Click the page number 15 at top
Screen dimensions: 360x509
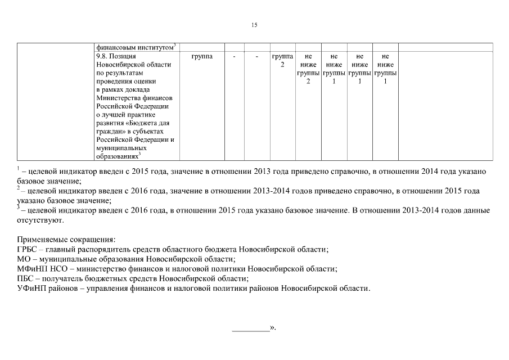pyautogui.click(x=254, y=25)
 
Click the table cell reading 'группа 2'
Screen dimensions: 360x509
pyautogui.click(x=282, y=61)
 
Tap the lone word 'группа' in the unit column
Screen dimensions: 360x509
pyautogui.click(x=202, y=57)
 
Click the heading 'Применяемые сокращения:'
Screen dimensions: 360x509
pyautogui.click(x=66, y=239)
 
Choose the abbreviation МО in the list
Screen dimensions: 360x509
pyautogui.click(x=24, y=259)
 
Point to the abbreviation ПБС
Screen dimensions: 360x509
pyautogui.click(x=26, y=279)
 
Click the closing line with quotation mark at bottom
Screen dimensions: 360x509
pyautogui.click(x=254, y=327)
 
